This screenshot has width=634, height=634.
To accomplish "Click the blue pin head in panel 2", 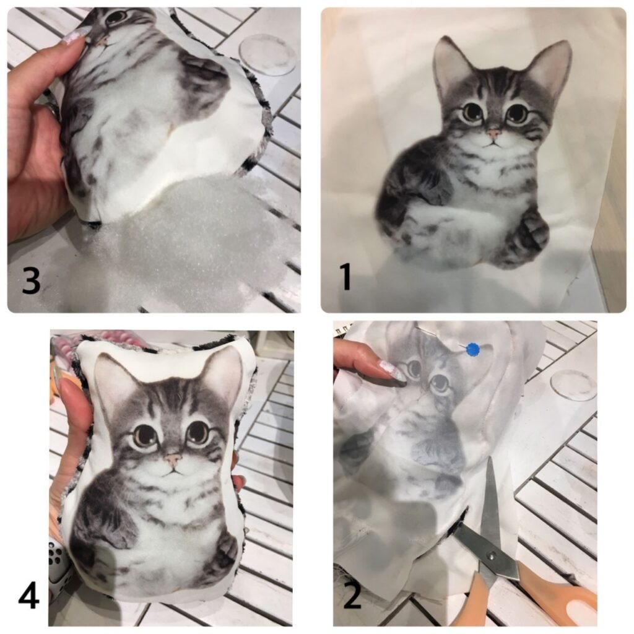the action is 472,349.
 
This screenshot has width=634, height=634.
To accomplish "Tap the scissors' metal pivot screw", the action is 491,557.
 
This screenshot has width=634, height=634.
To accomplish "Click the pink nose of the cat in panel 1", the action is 494,133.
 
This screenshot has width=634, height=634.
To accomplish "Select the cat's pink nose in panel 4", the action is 173,459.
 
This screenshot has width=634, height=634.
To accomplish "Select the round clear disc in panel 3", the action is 268,54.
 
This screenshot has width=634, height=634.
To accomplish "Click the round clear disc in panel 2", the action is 573,385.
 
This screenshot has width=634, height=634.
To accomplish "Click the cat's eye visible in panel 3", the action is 117,17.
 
